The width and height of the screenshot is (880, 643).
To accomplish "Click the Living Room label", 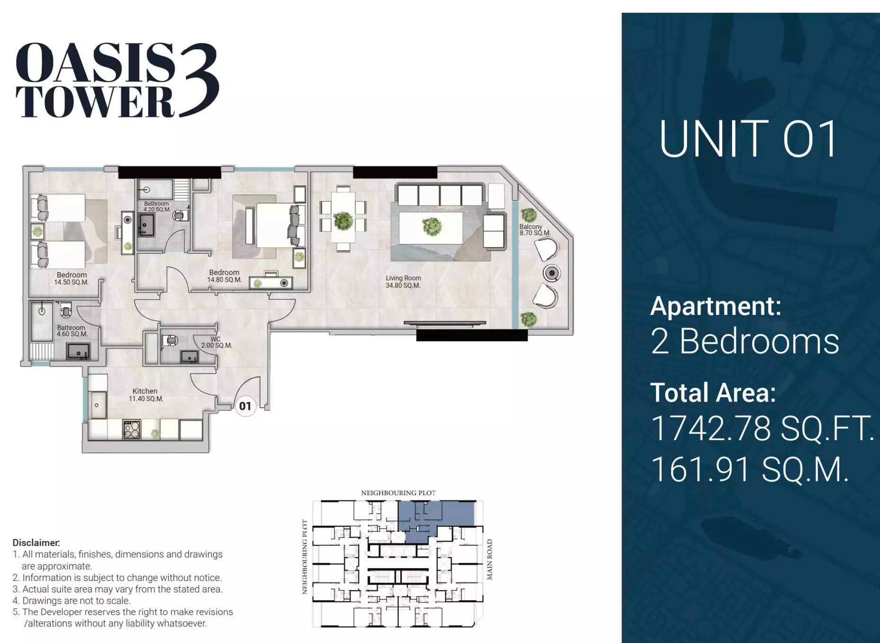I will click(403, 282).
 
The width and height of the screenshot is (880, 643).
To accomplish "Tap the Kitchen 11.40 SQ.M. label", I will click(146, 395).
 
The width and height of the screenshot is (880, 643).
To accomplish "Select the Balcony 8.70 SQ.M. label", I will click(534, 230).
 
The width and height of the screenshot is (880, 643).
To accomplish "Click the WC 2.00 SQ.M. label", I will click(216, 342).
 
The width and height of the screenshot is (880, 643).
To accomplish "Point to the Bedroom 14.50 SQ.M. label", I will click(72, 278).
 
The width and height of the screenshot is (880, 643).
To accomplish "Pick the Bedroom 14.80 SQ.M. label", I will click(224, 276).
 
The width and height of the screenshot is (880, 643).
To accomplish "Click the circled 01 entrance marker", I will click(245, 406).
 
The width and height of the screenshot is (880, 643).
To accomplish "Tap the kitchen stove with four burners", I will click(132, 430).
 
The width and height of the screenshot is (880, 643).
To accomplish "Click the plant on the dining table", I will click(343, 221).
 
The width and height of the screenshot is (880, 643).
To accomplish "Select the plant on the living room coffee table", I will click(431, 226).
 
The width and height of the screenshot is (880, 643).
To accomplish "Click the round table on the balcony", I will click(551, 273).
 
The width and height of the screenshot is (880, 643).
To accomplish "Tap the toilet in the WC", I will click(169, 340).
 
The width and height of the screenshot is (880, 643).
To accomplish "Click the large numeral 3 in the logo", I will click(198, 80).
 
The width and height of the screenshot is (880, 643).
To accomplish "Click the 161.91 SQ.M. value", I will click(749, 469).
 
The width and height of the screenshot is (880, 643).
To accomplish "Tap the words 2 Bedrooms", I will click(744, 341).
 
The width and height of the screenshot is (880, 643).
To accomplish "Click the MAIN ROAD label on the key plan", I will click(490, 560).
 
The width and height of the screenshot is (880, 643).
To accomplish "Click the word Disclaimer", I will click(36, 543).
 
